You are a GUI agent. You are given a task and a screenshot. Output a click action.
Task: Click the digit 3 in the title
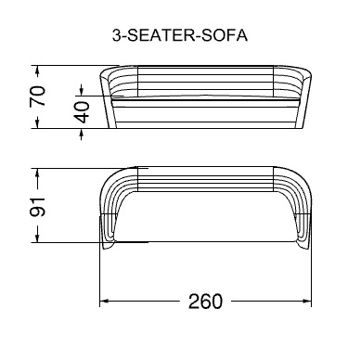coord(116,35)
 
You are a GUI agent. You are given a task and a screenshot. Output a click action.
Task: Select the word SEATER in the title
coord(160,35)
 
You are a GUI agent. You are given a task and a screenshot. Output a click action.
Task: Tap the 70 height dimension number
coord(38,96)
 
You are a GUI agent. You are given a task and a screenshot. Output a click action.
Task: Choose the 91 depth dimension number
coord(37,206)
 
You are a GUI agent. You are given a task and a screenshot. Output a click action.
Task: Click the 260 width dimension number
coord(205,302)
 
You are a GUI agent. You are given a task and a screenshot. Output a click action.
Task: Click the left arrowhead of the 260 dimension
coord(103,301)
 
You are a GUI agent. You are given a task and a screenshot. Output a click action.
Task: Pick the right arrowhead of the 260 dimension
coord(307,301)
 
